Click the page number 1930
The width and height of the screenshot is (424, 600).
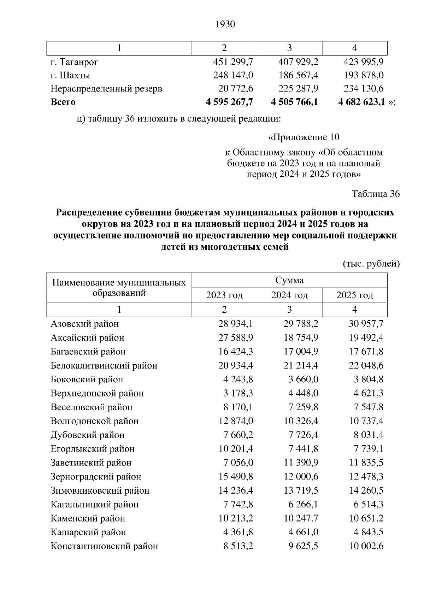click(x=225, y=24)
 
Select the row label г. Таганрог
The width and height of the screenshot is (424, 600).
click(x=74, y=62)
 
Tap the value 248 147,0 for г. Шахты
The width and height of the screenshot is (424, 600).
click(x=233, y=75)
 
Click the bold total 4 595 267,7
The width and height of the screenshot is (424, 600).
click(x=229, y=102)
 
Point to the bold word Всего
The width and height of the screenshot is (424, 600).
click(x=63, y=102)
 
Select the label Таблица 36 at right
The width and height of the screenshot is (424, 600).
click(x=376, y=194)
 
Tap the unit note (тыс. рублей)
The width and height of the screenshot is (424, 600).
click(x=371, y=264)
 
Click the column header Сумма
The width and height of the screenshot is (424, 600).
click(x=289, y=281)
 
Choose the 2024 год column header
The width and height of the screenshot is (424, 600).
click(x=289, y=295)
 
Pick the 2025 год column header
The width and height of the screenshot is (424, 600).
click(x=354, y=295)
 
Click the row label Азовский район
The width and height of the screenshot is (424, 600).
click(x=85, y=324)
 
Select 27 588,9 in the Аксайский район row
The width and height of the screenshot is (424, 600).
click(x=236, y=337)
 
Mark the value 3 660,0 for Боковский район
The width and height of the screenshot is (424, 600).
click(x=303, y=379)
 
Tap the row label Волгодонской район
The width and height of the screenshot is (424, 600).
click(x=95, y=421)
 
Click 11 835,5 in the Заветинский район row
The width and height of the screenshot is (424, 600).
click(x=366, y=463)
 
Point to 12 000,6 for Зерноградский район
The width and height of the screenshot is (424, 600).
click(x=301, y=477)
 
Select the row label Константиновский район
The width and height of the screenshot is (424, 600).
click(x=104, y=546)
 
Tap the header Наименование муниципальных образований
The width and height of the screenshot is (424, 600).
click(x=119, y=288)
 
